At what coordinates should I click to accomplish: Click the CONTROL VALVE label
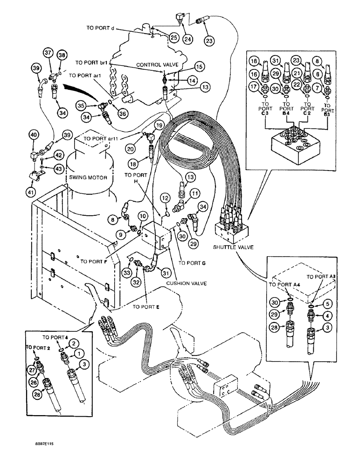click(x=154, y=64)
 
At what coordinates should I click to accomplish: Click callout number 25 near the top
click(x=173, y=37)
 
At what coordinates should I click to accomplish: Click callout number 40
click(x=33, y=135)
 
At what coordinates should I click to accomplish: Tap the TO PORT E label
click(x=146, y=307)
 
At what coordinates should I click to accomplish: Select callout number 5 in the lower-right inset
click(x=328, y=303)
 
